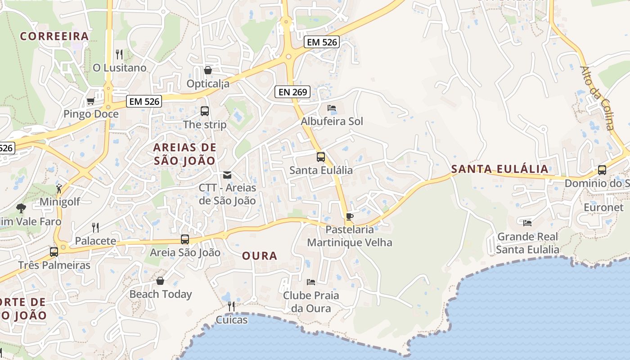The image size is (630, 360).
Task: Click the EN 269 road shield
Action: click(x=293, y=92)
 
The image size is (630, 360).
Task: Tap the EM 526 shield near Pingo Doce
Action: click(x=144, y=101)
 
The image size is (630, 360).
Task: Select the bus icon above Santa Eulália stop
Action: click(x=321, y=157)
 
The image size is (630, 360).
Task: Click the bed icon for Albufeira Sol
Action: click(x=332, y=108)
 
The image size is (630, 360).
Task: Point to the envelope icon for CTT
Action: click(x=227, y=175)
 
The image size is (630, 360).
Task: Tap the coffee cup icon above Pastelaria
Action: click(x=350, y=216)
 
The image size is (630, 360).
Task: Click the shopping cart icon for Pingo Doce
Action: click(x=90, y=101)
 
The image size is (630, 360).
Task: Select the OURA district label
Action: click(x=260, y=256)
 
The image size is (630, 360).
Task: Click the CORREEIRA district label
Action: click(x=54, y=36)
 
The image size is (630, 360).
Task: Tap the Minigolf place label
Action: click(x=60, y=202)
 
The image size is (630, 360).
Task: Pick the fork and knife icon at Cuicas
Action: click(x=231, y=306)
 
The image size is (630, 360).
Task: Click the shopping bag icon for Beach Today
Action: click(x=160, y=281)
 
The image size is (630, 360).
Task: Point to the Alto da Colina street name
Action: click(x=597, y=98)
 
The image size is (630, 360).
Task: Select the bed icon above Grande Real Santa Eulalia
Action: click(x=527, y=223)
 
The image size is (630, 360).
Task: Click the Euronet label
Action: click(x=603, y=207)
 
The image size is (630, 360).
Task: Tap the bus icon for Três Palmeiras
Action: click(x=54, y=252)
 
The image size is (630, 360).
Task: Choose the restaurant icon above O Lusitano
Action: click(x=119, y=54)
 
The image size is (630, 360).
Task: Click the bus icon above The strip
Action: click(x=205, y=111)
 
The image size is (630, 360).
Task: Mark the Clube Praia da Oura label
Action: click(x=311, y=302)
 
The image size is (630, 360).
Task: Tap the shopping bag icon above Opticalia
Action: click(x=208, y=70)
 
